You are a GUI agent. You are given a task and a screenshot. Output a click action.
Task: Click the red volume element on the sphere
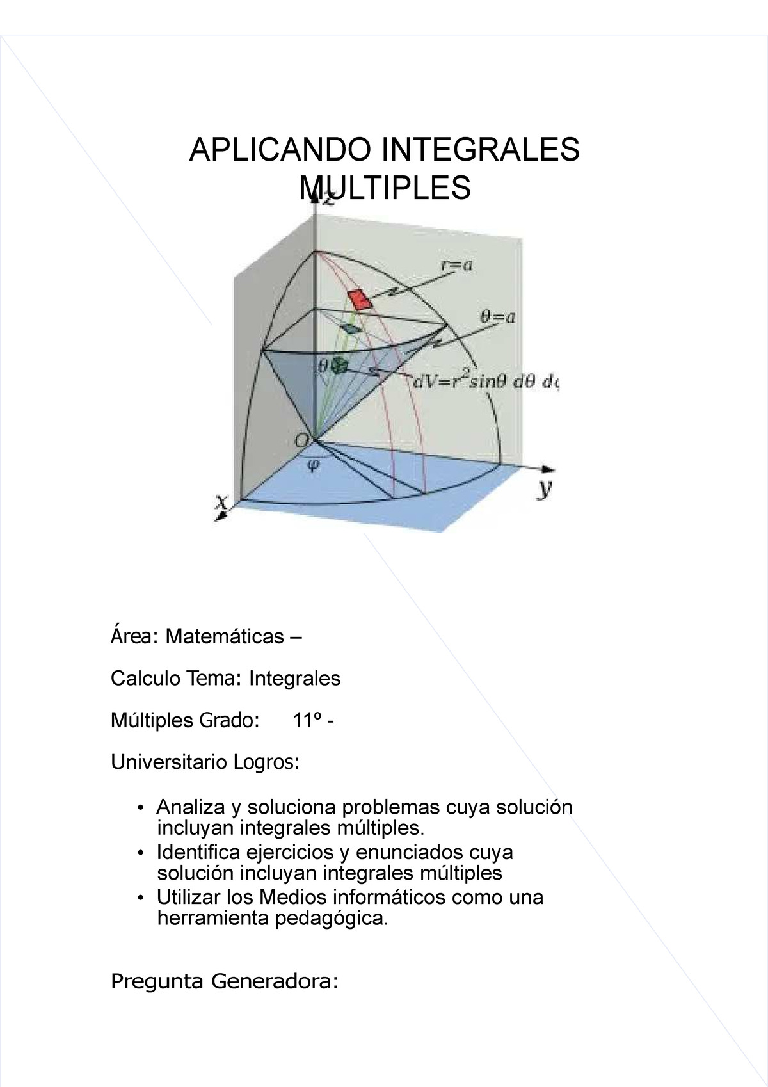tap(360, 299)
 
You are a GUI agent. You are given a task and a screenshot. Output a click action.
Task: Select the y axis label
tap(544, 490)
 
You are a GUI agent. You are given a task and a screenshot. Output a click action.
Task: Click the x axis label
tap(221, 504)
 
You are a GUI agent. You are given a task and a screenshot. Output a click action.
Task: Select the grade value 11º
tap(306, 721)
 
